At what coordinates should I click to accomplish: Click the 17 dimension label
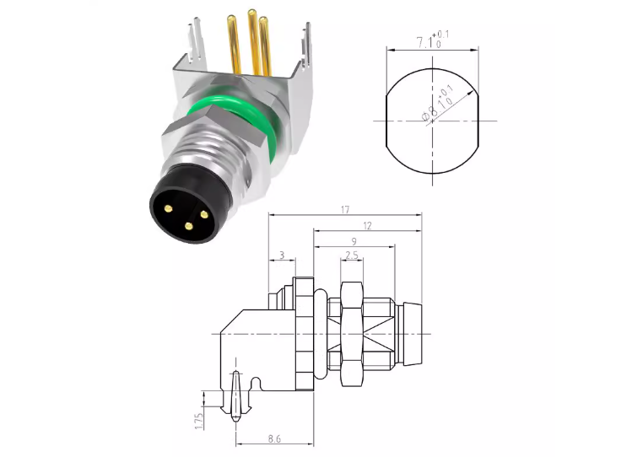[x=345, y=209]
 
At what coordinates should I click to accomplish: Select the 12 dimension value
[x=368, y=225]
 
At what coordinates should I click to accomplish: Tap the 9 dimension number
[x=354, y=241]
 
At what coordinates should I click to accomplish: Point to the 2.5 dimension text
[x=352, y=255]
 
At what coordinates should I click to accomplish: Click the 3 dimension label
[x=282, y=255]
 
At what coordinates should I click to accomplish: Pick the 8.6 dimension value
[x=274, y=438]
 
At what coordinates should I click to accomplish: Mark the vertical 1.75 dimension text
[x=199, y=422]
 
